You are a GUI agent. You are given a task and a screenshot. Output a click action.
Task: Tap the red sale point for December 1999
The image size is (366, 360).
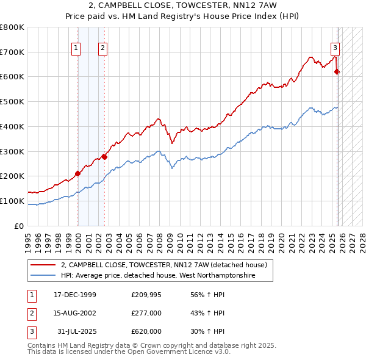click(77, 173)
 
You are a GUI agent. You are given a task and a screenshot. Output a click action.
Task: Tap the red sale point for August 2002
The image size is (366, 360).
click(104, 157)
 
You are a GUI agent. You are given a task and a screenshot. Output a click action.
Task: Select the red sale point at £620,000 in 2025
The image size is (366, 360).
click(337, 71)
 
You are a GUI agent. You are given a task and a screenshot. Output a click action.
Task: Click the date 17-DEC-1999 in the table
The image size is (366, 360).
click(75, 294)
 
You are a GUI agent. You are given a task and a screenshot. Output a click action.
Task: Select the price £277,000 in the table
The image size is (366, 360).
click(146, 312)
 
